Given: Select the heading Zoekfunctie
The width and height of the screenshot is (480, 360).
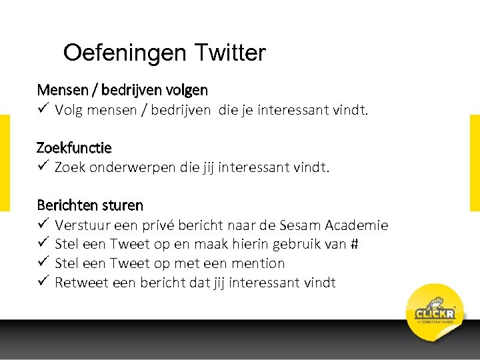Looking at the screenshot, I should click(x=75, y=147).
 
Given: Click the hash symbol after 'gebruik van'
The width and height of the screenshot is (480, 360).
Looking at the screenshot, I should click(x=354, y=245).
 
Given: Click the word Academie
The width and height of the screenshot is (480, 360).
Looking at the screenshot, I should click(x=357, y=226).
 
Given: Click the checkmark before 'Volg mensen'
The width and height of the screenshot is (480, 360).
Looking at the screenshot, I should click(x=43, y=109).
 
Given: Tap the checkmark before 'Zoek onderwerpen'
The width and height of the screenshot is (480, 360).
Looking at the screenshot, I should click(x=43, y=167).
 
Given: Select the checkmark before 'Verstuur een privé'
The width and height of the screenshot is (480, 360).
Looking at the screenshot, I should click(x=43, y=225).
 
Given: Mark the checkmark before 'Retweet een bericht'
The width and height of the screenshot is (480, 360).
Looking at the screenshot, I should click(x=43, y=282).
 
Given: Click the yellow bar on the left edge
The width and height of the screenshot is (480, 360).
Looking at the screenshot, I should click(x=5, y=163).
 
